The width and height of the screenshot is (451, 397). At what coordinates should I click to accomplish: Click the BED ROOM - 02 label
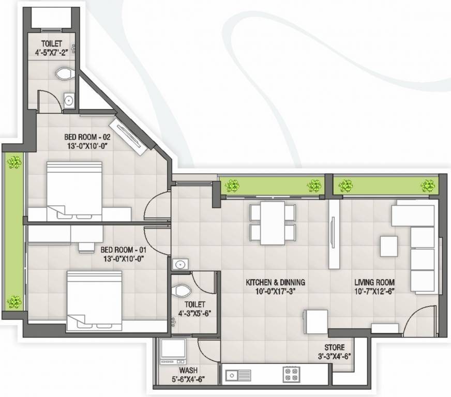coord(87,137)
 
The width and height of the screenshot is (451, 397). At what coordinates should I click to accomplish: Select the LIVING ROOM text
coord(374,282)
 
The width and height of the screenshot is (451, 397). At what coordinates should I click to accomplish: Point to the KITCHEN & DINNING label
coord(275,282)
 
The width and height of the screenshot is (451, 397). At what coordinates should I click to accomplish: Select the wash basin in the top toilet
coord(69,100)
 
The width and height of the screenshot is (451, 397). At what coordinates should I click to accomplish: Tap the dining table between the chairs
coord(273,223)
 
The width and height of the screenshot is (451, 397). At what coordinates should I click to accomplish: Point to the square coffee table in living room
coord(389,246)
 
